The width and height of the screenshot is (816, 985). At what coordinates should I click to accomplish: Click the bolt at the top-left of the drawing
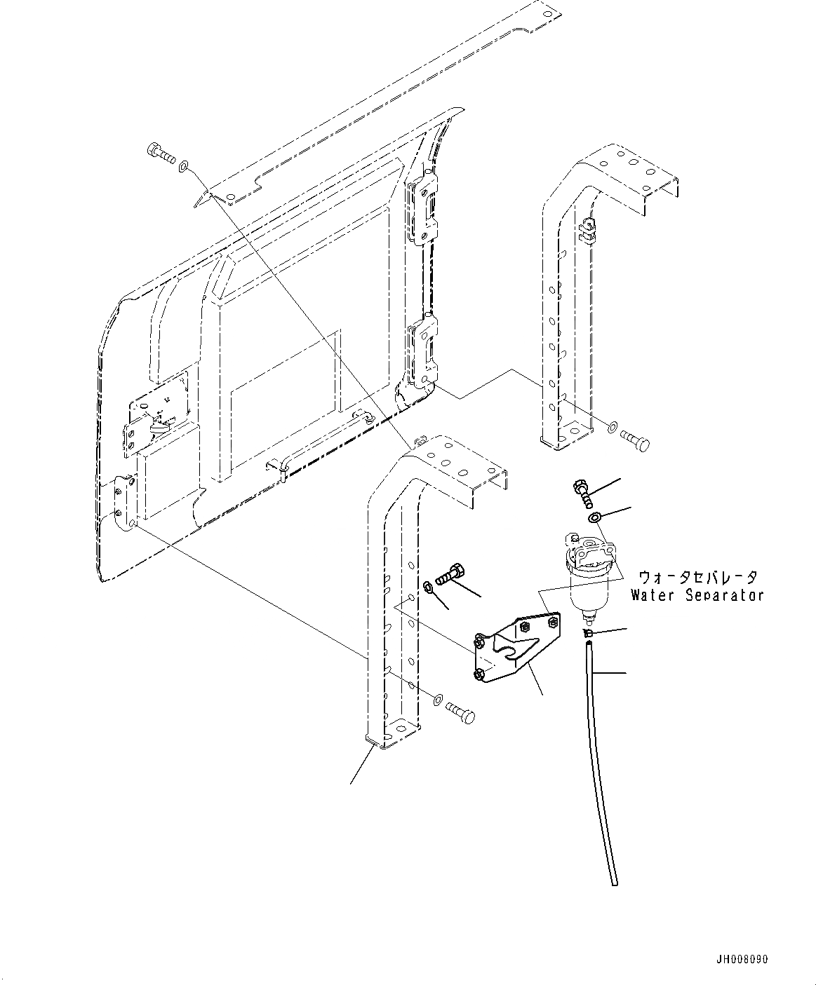click(161, 152)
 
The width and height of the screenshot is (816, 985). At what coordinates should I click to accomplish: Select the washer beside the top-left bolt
click(184, 166)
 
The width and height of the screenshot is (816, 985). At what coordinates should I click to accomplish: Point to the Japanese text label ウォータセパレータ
click(697, 578)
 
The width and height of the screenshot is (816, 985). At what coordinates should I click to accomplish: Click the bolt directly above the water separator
click(582, 491)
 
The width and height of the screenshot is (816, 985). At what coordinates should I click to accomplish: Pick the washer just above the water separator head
click(594, 517)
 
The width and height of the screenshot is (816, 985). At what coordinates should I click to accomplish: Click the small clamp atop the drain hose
click(588, 634)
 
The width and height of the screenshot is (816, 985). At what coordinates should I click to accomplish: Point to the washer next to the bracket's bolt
click(427, 585)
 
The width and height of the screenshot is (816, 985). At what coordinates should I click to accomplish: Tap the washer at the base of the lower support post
click(436, 699)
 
